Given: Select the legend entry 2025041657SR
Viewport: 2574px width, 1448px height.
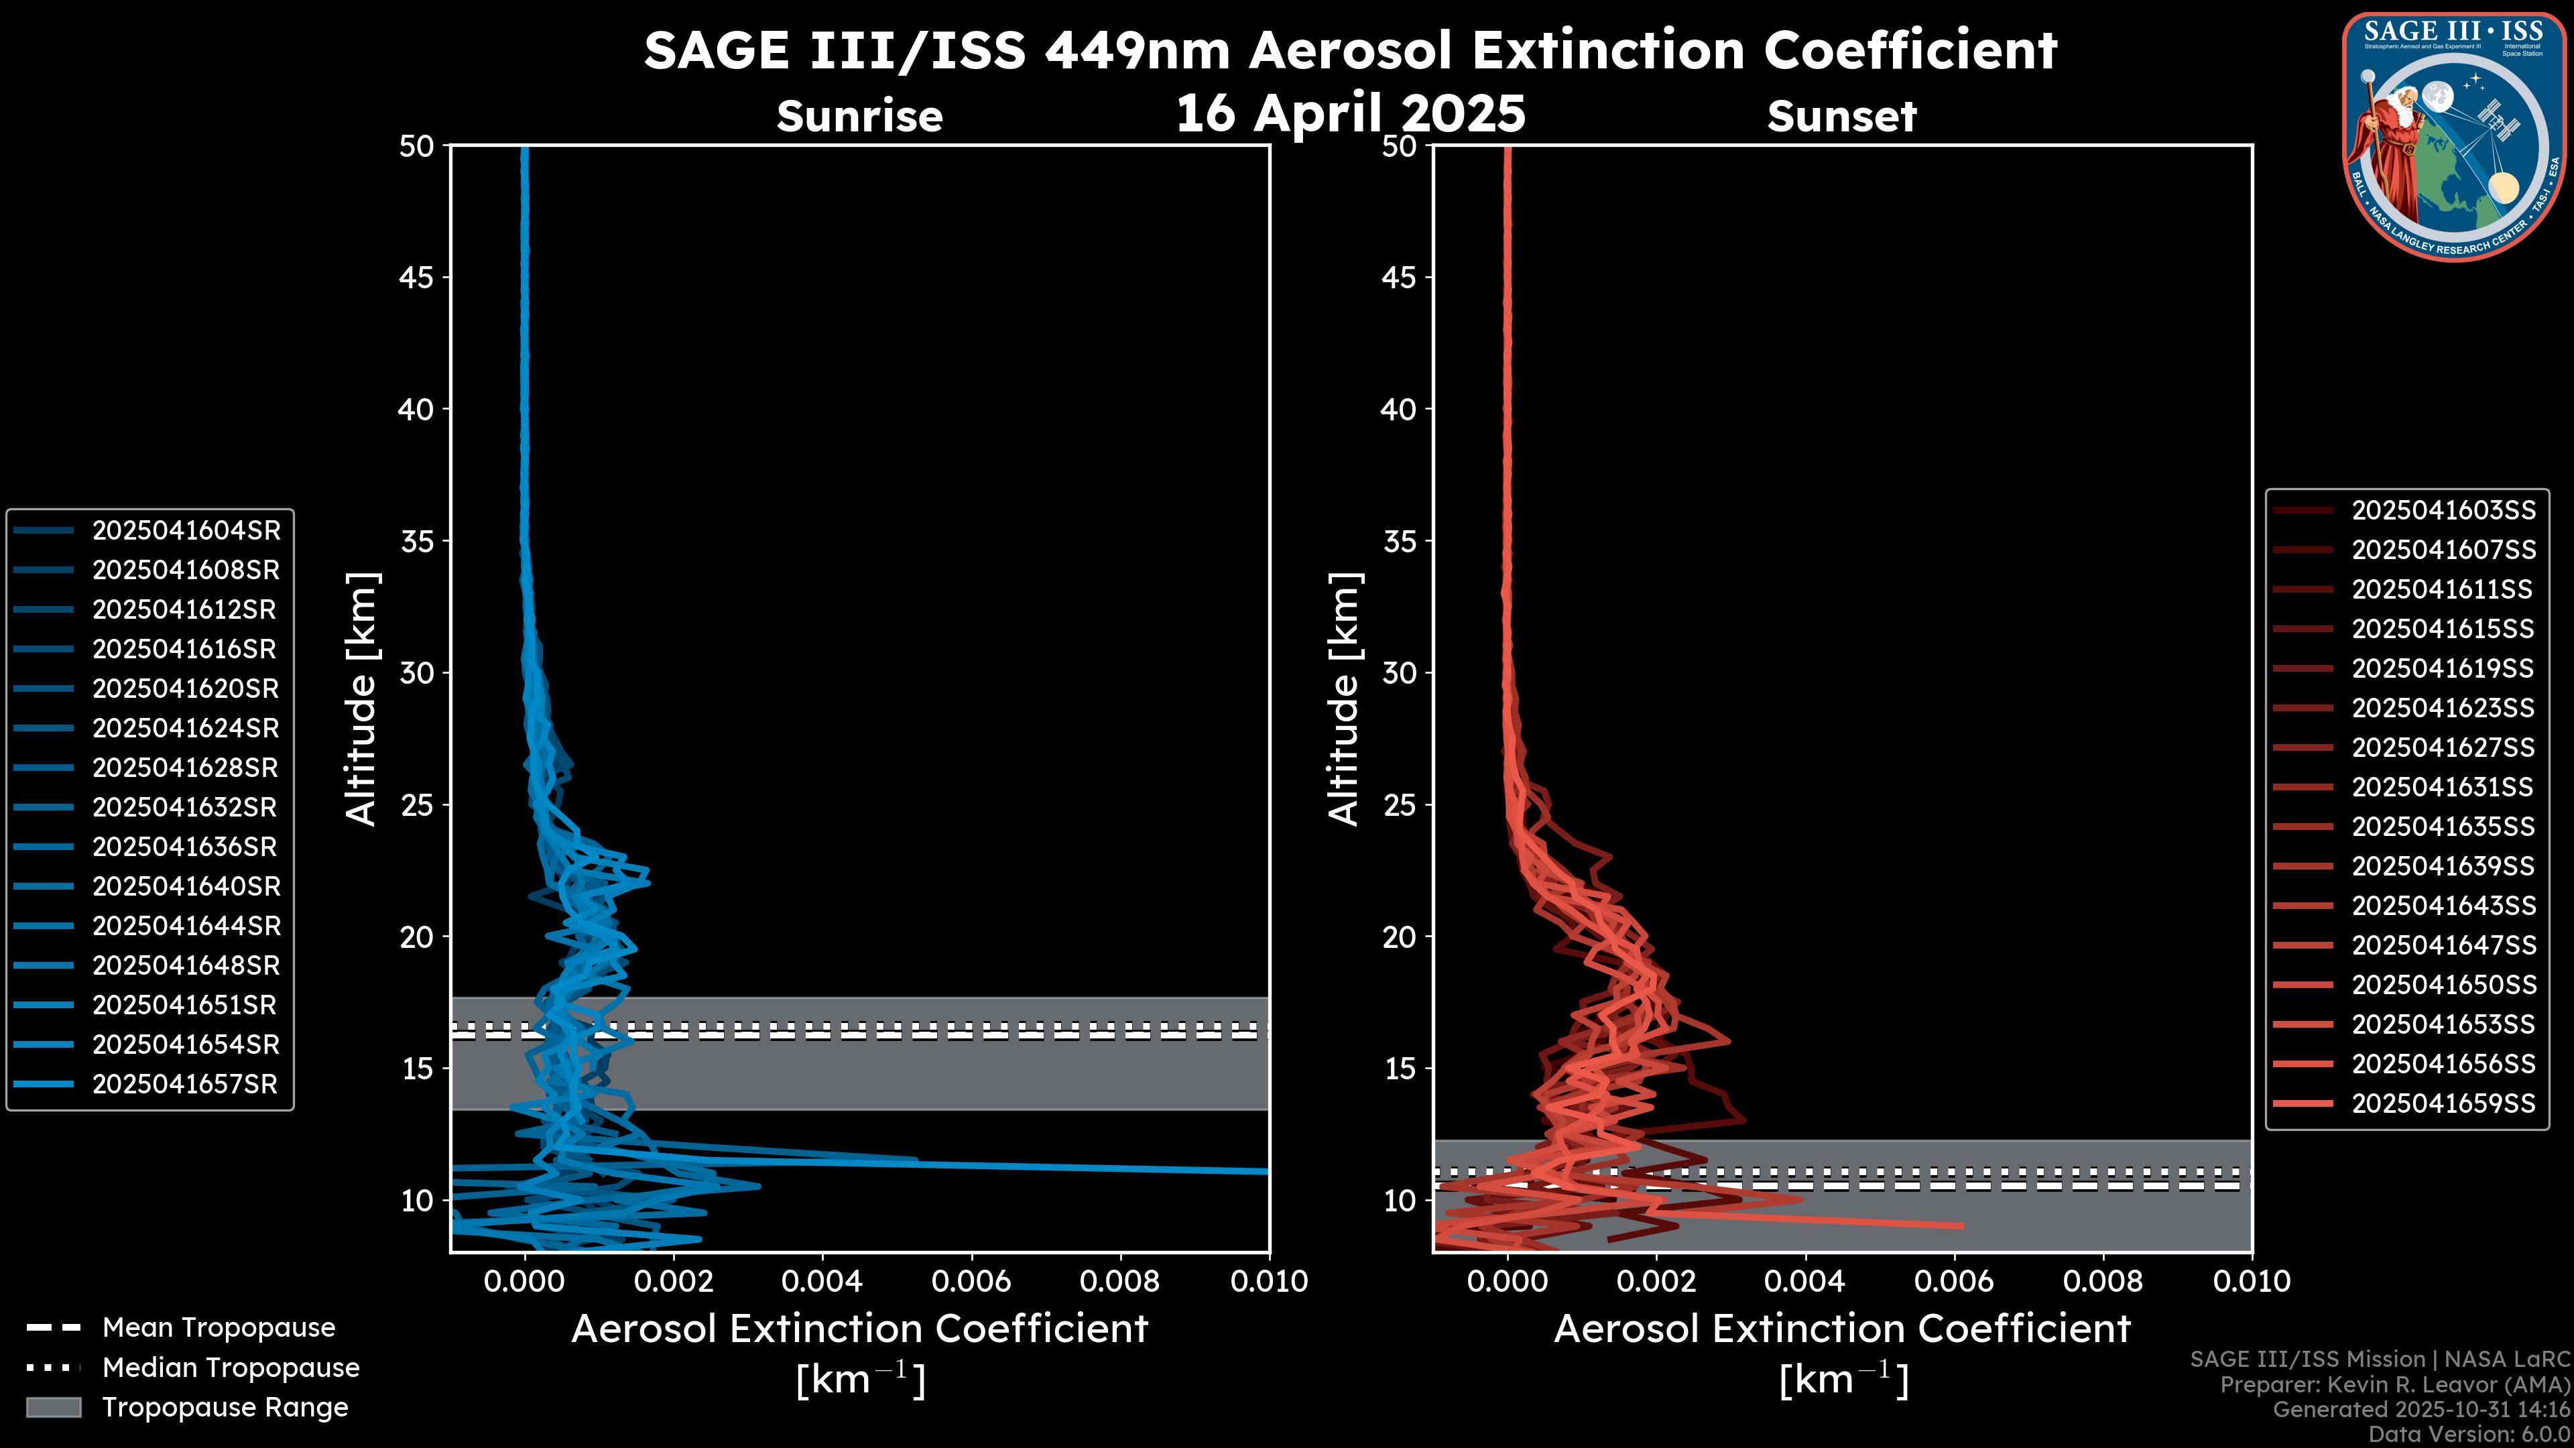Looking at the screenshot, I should tap(185, 1084).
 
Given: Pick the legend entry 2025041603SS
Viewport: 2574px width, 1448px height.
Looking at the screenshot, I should tap(2443, 511).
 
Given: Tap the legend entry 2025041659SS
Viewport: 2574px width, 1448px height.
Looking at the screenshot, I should tap(2443, 1103).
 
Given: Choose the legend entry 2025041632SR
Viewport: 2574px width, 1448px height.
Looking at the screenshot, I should tap(185, 807).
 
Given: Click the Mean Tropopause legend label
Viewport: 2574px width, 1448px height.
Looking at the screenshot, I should tap(219, 1327).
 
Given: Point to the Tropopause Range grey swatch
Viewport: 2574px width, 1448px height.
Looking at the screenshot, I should tap(53, 1407).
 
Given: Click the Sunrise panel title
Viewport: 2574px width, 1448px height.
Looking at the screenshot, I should tap(859, 116).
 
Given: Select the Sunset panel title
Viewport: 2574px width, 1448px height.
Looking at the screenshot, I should tap(1841, 116).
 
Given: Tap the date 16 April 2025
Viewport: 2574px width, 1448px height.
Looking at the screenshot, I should tap(1350, 113).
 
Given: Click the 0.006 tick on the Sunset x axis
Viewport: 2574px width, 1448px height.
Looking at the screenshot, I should tap(1955, 1281).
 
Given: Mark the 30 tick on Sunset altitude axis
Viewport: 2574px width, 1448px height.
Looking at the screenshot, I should tap(1399, 672).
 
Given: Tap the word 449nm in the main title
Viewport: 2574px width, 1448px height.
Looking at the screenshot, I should tap(1137, 50).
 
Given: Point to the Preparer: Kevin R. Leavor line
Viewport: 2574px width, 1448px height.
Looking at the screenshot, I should tap(2395, 1385).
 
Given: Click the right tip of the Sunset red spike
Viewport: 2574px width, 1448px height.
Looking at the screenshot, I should tap(1963, 1225).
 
